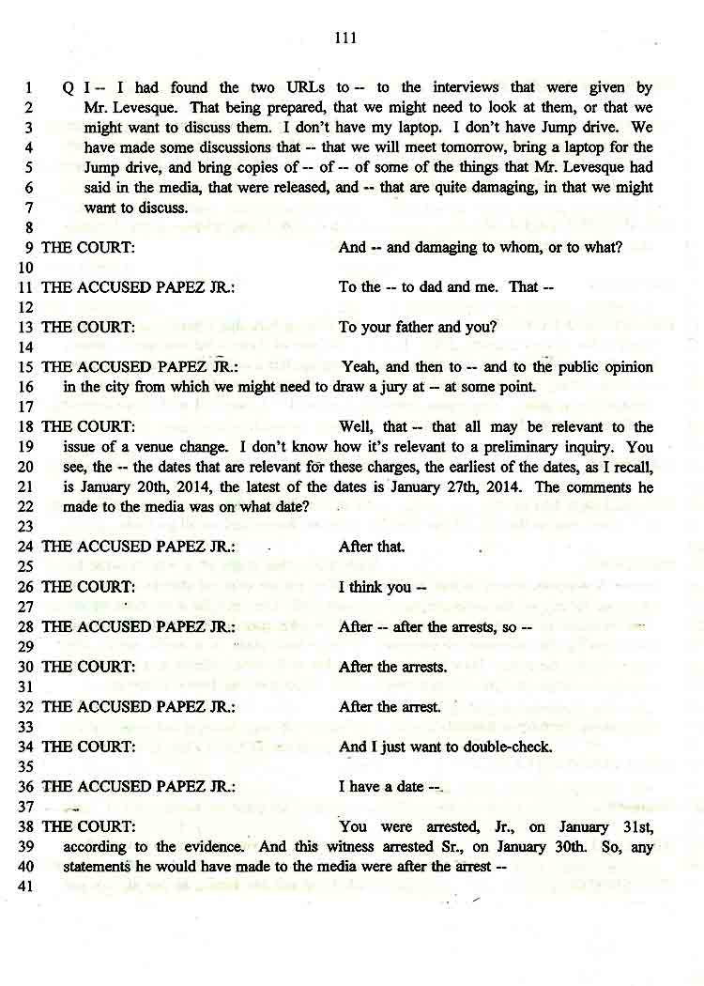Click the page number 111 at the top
(345, 39)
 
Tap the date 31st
(633, 827)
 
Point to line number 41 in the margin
(25, 886)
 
